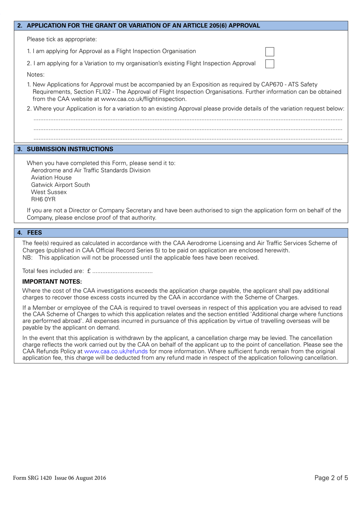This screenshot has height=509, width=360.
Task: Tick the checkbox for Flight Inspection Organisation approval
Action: [269, 52]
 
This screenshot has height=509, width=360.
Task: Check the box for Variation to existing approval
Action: [269, 64]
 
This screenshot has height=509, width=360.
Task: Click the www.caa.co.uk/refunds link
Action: [116, 351]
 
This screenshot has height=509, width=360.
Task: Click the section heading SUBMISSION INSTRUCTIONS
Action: [70, 149]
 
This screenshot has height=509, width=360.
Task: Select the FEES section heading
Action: [34, 233]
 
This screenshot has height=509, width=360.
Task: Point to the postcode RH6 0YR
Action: [43, 199]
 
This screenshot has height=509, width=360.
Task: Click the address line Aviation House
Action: [51, 178]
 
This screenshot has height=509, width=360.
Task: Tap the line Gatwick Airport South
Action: [61, 185]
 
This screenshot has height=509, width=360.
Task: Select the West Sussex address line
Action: [49, 192]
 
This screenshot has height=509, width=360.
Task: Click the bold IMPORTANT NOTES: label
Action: [52, 282]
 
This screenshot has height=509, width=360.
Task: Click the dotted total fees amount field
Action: [122, 272]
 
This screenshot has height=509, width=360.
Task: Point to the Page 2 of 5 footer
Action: [331, 478]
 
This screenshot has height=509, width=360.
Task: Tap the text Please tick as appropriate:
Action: [62, 39]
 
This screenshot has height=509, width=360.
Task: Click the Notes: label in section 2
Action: [36, 75]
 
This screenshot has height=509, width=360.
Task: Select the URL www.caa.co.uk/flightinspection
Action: [144, 99]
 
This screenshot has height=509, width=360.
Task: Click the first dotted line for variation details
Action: [188, 119]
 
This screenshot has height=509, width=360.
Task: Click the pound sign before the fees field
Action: [89, 271]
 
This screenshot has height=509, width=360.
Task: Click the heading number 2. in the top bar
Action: [20, 26]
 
